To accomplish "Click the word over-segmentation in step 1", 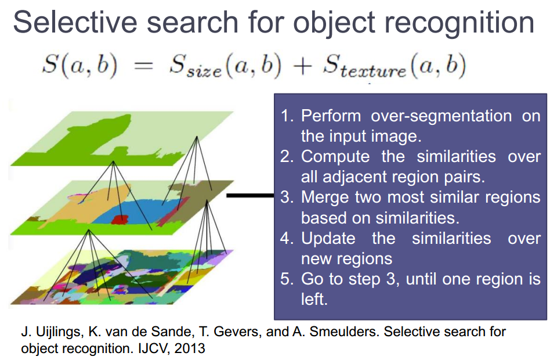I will coord(442,116).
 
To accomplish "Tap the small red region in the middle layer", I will coord(119,219).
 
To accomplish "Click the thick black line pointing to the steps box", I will coord(249,196).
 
